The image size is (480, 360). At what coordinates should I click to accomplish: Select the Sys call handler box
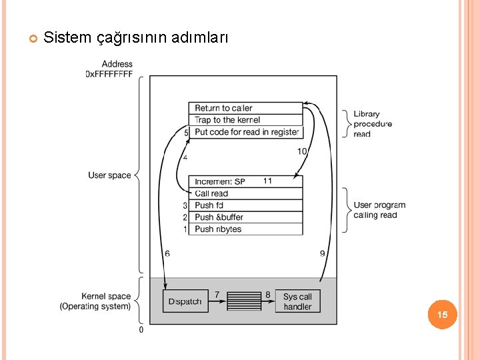click(x=297, y=301)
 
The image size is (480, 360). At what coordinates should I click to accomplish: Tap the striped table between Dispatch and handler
click(x=243, y=301)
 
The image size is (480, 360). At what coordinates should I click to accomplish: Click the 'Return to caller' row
click(x=245, y=108)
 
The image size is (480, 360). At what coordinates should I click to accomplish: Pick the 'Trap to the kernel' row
click(x=245, y=120)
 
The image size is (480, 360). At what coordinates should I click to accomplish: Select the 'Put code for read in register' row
click(x=245, y=132)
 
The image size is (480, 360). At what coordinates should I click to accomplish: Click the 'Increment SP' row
click(x=245, y=181)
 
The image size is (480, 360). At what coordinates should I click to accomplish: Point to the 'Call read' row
click(x=245, y=193)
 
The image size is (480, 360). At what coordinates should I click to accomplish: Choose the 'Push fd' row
click(x=245, y=205)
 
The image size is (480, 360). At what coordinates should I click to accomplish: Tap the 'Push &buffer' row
click(x=245, y=217)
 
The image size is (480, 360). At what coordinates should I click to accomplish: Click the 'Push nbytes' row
click(x=245, y=229)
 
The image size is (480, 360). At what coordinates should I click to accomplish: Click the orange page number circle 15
click(x=443, y=314)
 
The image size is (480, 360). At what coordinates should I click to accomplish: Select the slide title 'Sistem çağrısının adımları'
click(x=135, y=37)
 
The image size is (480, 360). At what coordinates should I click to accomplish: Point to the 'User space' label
click(x=109, y=175)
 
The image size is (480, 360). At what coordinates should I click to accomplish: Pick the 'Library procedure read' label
click(x=372, y=124)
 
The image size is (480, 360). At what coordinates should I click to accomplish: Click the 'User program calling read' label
click(x=379, y=210)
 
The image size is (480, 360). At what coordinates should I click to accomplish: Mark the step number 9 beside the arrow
click(x=323, y=253)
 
